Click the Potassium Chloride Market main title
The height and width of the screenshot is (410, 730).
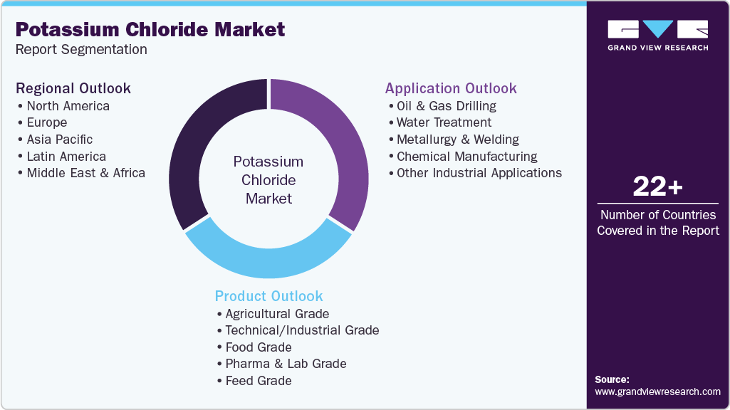tap(150, 30)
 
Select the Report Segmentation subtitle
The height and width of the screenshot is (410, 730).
tap(81, 50)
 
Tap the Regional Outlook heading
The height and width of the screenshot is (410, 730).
tap(73, 88)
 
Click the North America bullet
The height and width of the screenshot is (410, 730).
tap(68, 106)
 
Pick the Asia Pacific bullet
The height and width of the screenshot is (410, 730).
tap(60, 140)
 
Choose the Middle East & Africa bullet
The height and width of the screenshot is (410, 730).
tap(85, 173)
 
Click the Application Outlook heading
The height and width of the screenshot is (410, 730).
tap(451, 88)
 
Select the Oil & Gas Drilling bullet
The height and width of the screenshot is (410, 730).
tap(447, 106)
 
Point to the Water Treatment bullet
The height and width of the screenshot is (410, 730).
tap(444, 122)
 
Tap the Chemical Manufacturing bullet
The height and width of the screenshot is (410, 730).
tap(466, 157)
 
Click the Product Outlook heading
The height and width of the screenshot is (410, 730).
tap(269, 296)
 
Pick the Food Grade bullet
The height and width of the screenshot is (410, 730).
tap(259, 347)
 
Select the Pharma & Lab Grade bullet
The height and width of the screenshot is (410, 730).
tap(286, 364)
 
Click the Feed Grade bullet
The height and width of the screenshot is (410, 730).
tap(259, 381)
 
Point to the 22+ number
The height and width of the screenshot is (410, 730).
tap(657, 187)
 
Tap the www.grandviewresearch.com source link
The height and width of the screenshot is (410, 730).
tap(657, 391)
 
